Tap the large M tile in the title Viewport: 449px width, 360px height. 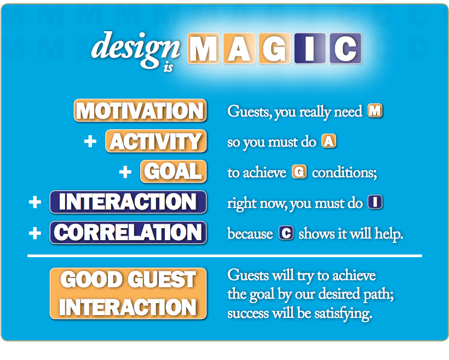[x=204, y=49]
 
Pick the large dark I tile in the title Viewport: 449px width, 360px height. [x=309, y=49]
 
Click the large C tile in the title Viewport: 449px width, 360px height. [x=345, y=49]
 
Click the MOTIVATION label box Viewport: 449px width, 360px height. [x=140, y=111]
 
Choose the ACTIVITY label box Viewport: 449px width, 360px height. [x=156, y=141]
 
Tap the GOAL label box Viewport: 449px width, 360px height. [x=174, y=171]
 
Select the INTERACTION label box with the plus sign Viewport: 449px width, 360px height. [x=128, y=202]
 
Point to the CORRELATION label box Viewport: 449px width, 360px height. [x=128, y=233]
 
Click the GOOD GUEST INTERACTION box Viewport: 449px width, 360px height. [x=128, y=293]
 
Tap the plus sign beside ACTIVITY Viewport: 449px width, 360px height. [x=90, y=142]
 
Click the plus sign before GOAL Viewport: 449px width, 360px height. [x=125, y=172]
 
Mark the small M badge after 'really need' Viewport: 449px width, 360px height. [x=375, y=111]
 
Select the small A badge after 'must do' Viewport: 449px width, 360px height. [x=329, y=142]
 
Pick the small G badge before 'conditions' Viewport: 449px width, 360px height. [x=299, y=172]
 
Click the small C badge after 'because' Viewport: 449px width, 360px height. [x=286, y=233]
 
